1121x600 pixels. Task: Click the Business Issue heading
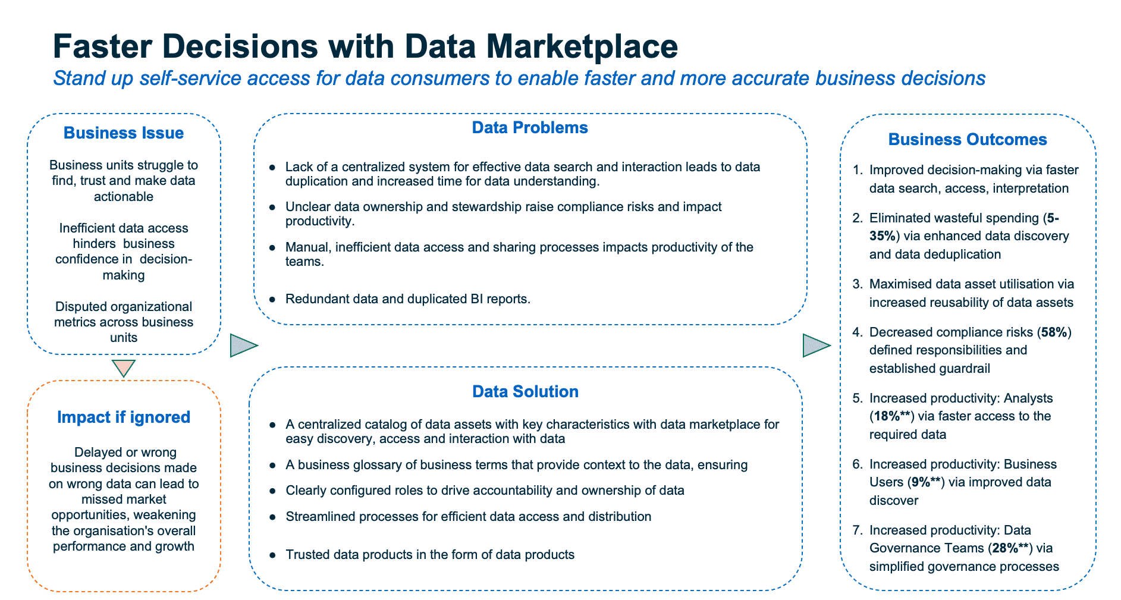click(x=123, y=133)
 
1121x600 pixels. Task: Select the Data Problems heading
click(x=529, y=128)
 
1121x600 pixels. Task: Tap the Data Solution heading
click(x=525, y=391)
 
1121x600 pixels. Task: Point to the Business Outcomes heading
click(x=968, y=139)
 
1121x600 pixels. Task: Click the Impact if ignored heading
click(x=124, y=417)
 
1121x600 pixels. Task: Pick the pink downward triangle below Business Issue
click(x=124, y=368)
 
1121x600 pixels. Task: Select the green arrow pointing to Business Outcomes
click(x=815, y=345)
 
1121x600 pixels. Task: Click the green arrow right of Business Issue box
click(x=243, y=345)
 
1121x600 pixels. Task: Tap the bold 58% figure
click(x=1054, y=332)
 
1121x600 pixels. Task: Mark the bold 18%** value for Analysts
click(x=890, y=416)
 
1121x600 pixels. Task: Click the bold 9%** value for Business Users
click(x=925, y=482)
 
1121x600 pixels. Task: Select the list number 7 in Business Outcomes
click(x=856, y=530)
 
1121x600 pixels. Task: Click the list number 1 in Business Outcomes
click(x=856, y=170)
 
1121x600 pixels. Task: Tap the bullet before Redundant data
click(x=272, y=299)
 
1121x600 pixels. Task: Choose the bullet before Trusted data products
click(x=272, y=555)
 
